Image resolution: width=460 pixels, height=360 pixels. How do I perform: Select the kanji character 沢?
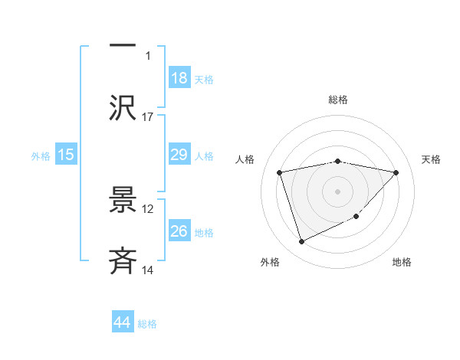[123, 106]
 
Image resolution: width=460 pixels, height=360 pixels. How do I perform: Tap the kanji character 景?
[123, 200]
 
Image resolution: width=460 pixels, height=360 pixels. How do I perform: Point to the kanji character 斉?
[123, 261]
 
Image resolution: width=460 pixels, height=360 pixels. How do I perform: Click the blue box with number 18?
[179, 78]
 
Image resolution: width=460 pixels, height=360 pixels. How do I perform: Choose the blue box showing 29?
[179, 155]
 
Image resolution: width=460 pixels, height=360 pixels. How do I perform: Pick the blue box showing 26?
[179, 231]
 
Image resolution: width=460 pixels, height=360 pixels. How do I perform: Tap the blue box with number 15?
[66, 155]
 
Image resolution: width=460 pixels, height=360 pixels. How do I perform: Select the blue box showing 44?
[122, 322]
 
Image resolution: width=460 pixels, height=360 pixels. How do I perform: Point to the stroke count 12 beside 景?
[148, 208]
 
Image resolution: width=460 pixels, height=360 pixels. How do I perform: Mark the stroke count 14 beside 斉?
[148, 270]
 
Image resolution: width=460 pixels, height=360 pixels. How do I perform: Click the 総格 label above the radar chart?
[338, 100]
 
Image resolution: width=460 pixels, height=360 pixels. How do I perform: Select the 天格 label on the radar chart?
[432, 159]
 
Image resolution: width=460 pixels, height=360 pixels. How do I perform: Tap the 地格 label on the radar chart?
[402, 262]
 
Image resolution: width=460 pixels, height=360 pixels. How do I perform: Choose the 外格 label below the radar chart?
[270, 262]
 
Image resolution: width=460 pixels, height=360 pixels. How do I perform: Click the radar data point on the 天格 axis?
[396, 172]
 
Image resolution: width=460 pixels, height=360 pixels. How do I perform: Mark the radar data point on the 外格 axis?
[301, 242]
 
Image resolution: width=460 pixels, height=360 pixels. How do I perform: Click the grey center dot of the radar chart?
[338, 191]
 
